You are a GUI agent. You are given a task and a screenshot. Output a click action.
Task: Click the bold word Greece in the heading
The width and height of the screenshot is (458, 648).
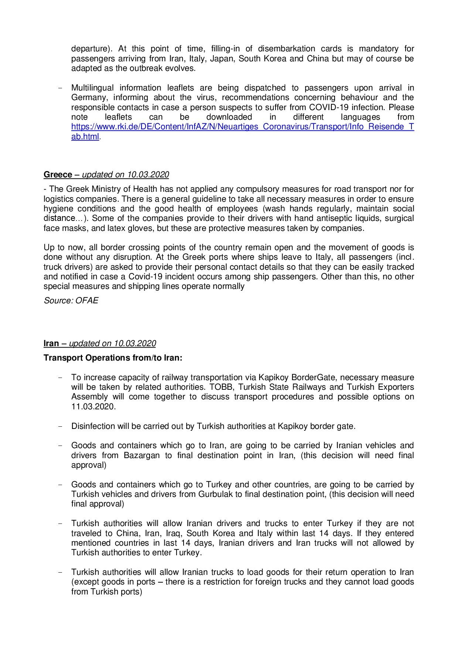(x=58, y=175)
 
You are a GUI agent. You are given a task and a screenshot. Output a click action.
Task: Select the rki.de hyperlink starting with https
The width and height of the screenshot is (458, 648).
(x=242, y=127)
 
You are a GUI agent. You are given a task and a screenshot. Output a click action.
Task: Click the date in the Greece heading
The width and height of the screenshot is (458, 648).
(x=148, y=175)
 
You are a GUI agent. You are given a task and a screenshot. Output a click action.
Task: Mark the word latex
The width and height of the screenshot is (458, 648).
(x=117, y=228)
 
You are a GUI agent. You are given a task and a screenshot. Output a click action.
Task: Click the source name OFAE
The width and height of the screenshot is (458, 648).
(x=87, y=301)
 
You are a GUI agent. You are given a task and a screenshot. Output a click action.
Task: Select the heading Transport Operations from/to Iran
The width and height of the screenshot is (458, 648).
(x=113, y=358)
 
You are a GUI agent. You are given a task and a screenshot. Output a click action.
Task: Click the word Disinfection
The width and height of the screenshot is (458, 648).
(x=93, y=426)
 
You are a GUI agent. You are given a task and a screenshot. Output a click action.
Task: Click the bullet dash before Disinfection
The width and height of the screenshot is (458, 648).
(x=60, y=426)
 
